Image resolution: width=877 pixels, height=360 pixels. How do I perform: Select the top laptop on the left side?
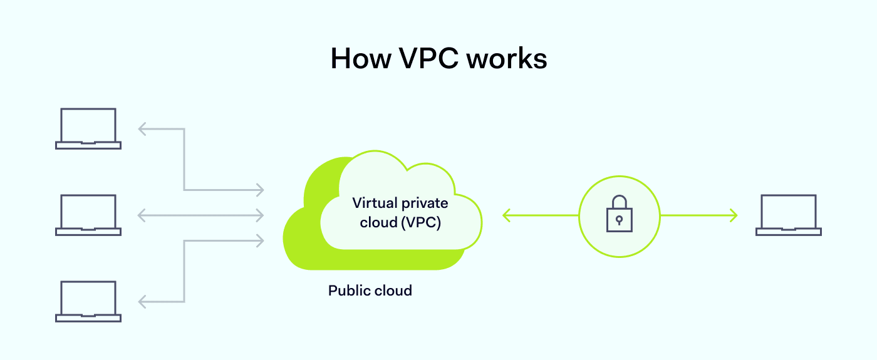point(88,128)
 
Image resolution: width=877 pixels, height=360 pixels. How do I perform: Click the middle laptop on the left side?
point(88,215)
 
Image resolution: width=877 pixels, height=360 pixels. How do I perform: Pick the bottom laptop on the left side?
point(88,301)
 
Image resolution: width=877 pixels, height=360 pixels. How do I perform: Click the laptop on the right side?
point(788,215)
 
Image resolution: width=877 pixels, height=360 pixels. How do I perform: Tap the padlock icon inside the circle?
point(619,215)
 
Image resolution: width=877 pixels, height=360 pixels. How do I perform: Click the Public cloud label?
point(370,291)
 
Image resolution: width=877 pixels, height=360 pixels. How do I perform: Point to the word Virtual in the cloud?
point(374,203)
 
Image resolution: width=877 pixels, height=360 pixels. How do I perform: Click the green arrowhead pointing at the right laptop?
point(732,215)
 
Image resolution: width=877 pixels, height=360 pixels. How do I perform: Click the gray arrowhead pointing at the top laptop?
point(143,129)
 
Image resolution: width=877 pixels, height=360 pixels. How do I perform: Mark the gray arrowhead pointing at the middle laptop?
point(143,215)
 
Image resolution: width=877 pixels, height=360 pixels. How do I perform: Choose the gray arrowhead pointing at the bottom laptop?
point(143,302)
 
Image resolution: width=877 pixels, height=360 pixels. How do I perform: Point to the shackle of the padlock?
point(619,202)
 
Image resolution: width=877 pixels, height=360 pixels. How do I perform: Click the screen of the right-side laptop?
point(788,211)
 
